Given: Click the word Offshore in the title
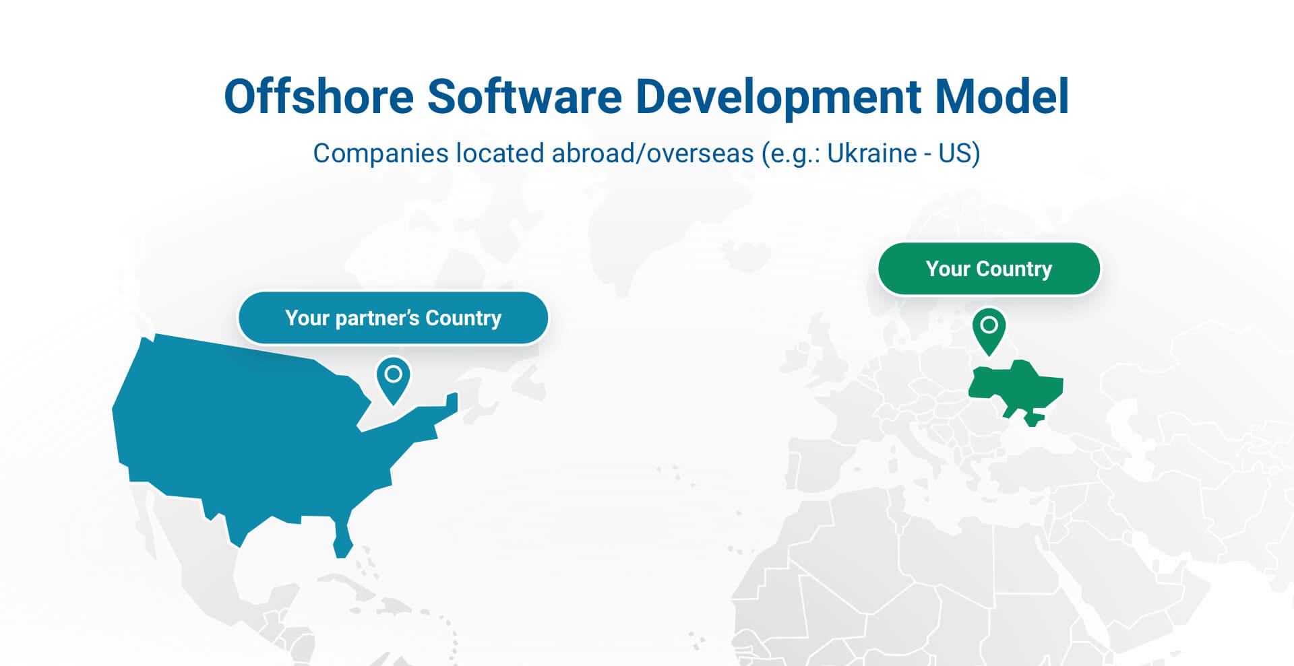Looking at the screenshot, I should [319, 96].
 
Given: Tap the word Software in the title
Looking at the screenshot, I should [524, 96].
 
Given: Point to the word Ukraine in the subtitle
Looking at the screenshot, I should [871, 154].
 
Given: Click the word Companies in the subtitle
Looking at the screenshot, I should [381, 154].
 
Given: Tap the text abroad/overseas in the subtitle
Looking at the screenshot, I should [652, 154].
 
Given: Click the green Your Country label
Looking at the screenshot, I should [989, 269].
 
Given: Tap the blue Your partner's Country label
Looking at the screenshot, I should [393, 318].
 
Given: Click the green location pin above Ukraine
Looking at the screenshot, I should [989, 330].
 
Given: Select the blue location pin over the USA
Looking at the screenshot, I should [393, 378].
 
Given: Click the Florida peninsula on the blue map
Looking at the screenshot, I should [342, 539].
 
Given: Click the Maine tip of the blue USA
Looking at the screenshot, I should [452, 403].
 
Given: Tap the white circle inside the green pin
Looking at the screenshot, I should [989, 325].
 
